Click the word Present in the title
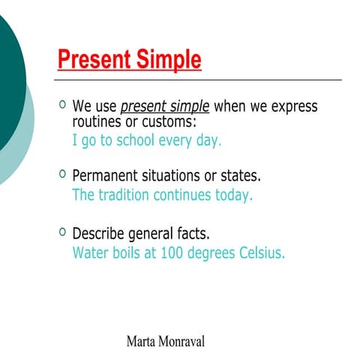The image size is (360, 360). pos(91,60)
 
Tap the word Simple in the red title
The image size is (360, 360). pos(165,60)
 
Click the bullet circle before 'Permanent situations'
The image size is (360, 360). pos(62,174)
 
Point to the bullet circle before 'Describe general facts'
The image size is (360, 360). pos(62,230)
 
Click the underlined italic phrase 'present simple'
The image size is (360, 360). pos(165,106)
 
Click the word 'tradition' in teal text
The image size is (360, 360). pos(123,196)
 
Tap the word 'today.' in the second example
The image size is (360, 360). pos(232,196)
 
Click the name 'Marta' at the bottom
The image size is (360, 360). pos(143,342)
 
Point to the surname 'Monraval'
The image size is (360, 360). pos(184,342)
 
